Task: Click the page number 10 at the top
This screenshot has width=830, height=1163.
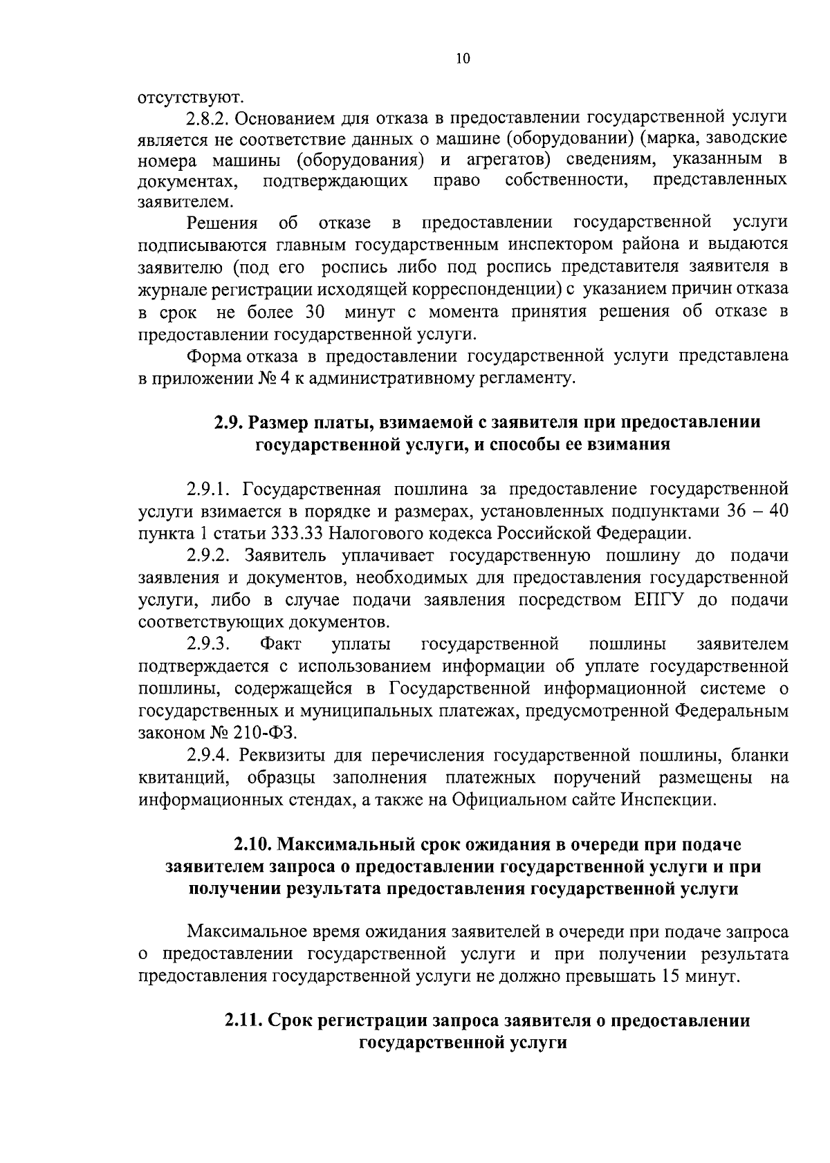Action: point(463,59)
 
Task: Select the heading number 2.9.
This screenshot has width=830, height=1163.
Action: point(227,422)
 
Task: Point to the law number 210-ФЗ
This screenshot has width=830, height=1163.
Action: point(267,732)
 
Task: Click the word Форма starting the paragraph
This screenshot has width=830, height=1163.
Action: point(213,355)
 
